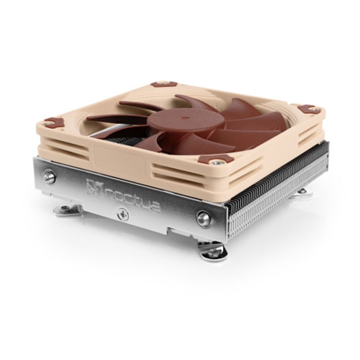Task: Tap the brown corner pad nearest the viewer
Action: [x=216, y=160]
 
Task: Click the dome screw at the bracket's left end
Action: [x=50, y=177]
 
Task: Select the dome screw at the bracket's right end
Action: [x=204, y=219]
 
